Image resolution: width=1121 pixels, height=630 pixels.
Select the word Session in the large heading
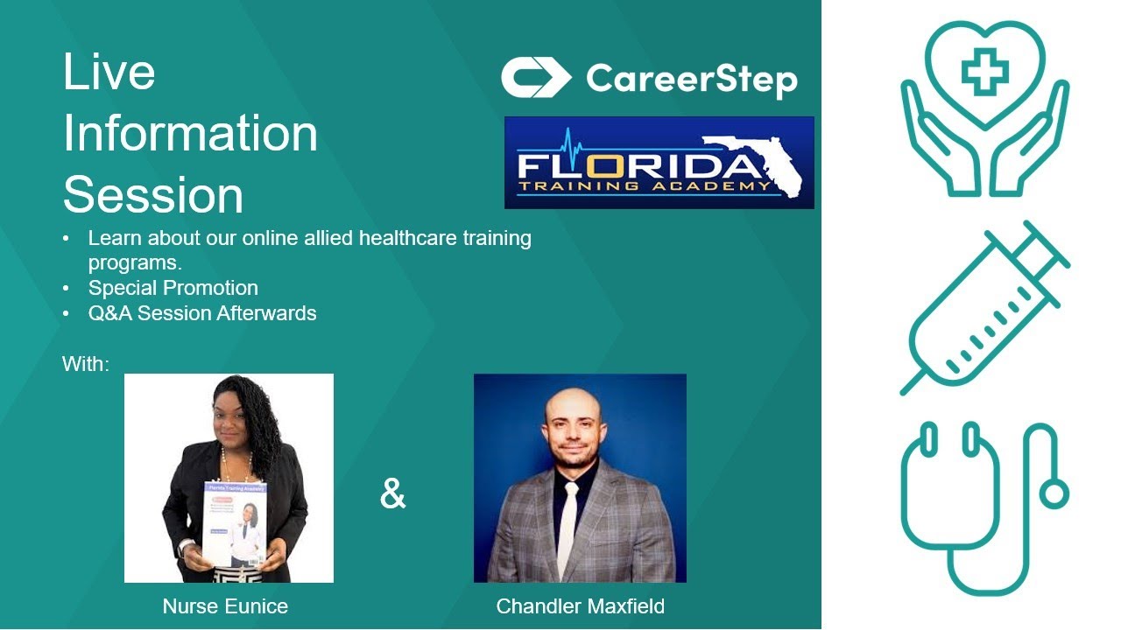152,194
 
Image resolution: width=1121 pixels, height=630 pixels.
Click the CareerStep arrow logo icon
535,78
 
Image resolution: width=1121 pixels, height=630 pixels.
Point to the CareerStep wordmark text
692,79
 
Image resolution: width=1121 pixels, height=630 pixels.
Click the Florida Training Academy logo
659,163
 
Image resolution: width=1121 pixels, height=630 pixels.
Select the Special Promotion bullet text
173,288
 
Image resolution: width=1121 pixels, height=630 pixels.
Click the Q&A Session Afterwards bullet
201,312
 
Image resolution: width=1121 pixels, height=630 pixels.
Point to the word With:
86,364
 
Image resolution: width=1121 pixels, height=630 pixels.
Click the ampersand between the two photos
393,494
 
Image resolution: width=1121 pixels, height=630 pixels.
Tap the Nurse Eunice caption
225,605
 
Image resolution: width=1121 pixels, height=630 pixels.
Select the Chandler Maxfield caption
580,605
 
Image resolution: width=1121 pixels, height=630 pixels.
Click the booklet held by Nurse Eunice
235,523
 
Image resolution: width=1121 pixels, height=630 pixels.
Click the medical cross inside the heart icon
984,71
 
